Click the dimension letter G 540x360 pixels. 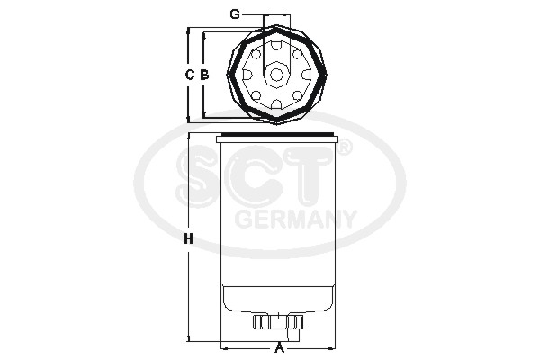[x=234, y=14]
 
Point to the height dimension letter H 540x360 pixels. [x=188, y=239]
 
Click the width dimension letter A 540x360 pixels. [x=279, y=347]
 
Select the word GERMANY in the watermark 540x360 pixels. [x=294, y=219]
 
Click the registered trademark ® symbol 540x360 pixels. [x=343, y=148]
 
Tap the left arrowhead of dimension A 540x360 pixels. [x=222, y=346]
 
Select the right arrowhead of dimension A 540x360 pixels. [x=334, y=346]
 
